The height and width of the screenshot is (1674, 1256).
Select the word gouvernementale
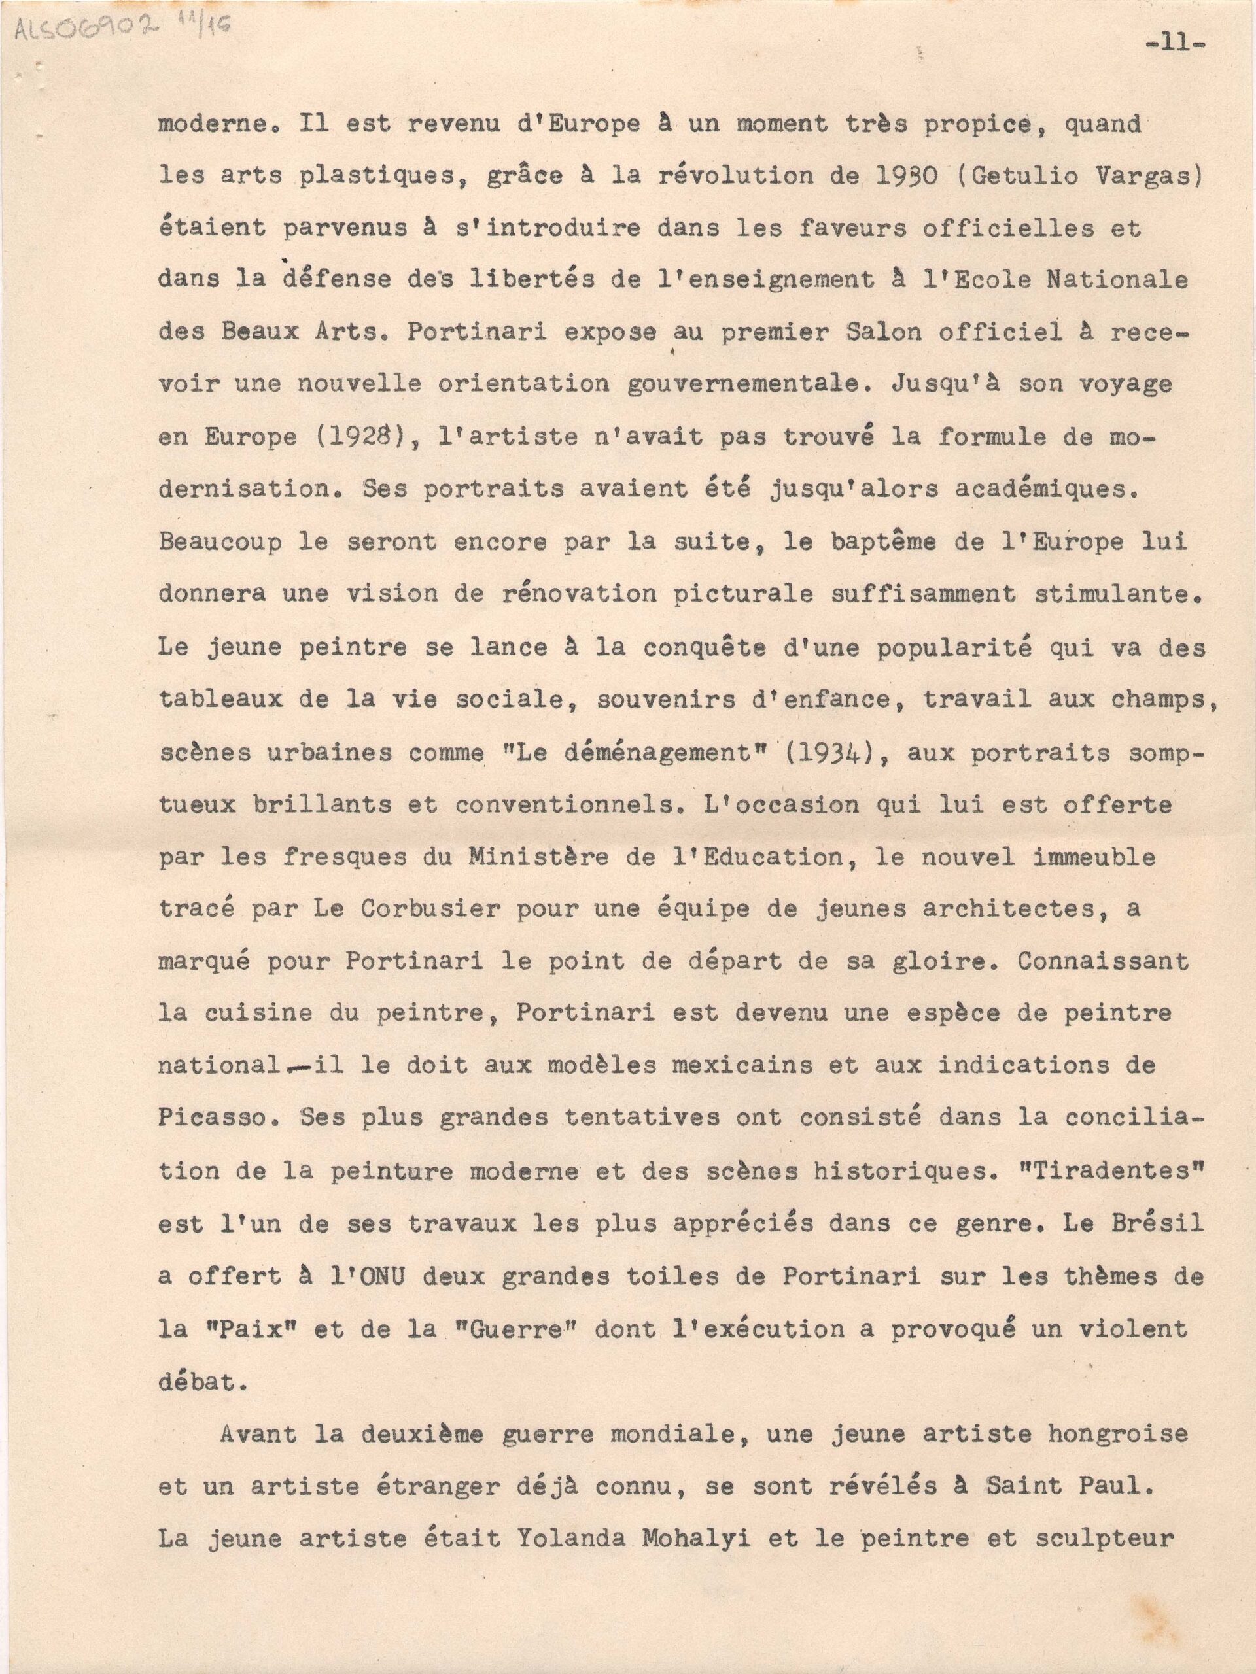click(x=746, y=384)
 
